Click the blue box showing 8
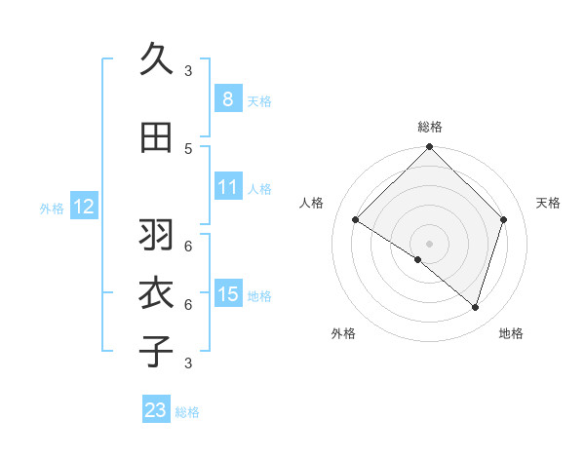pyautogui.click(x=227, y=98)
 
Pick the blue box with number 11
pyautogui.click(x=227, y=187)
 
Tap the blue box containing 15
pyautogui.click(x=227, y=294)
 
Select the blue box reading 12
pyautogui.click(x=83, y=207)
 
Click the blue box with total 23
pyautogui.click(x=156, y=410)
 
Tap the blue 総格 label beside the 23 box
pyautogui.click(x=187, y=412)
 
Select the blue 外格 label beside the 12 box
pyautogui.click(x=52, y=208)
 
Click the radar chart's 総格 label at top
pyautogui.click(x=429, y=127)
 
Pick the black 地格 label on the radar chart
pyautogui.click(x=511, y=333)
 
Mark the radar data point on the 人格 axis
pyautogui.click(x=356, y=220)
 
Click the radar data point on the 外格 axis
pyautogui.click(x=418, y=259)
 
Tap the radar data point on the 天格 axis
pyautogui.click(x=504, y=219)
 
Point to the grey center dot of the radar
pyautogui.click(x=429, y=243)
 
